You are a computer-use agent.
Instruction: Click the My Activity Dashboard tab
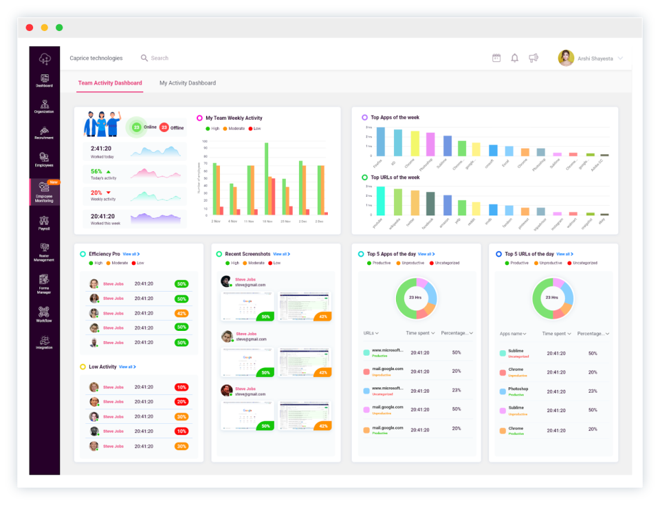(x=188, y=83)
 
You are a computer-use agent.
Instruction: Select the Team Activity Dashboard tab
(x=110, y=83)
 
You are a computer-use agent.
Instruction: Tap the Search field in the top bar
(x=159, y=58)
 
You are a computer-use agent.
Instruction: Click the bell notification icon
(x=514, y=58)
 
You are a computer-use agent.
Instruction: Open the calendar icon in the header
(x=496, y=58)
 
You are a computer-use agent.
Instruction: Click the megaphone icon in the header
(x=533, y=58)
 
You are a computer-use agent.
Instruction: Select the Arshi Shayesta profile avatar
(x=566, y=58)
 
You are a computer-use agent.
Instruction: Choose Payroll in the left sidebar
(x=44, y=223)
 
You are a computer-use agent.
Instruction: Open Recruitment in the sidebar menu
(x=44, y=133)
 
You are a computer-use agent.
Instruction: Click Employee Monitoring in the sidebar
(x=44, y=193)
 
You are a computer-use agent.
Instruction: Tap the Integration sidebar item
(x=44, y=342)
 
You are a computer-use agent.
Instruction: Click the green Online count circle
(x=136, y=127)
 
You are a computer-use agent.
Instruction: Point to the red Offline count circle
(x=164, y=127)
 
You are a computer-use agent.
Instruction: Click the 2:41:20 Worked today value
(x=101, y=148)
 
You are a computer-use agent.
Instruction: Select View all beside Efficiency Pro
(x=131, y=254)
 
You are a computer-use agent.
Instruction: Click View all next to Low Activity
(x=127, y=367)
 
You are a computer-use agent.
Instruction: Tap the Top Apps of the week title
(x=395, y=118)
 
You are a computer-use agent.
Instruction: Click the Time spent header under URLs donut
(x=420, y=333)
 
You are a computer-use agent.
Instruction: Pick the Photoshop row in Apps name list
(x=518, y=389)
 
